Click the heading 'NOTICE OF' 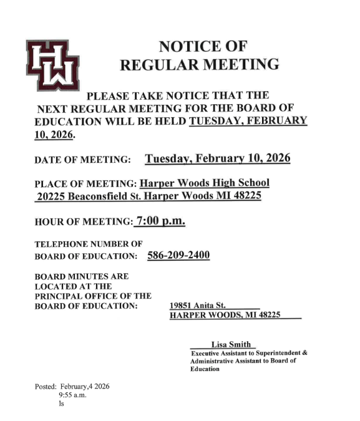pyautogui.click(x=203, y=46)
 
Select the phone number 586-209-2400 pyautogui.click(x=178, y=256)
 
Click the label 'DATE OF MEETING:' pyautogui.click(x=82, y=160)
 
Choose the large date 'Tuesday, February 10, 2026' pyautogui.click(x=218, y=158)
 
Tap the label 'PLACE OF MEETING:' pyautogui.click(x=86, y=185)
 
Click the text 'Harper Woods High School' pyautogui.click(x=205, y=183)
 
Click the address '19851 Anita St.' pyautogui.click(x=193, y=305)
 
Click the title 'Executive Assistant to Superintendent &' pyautogui.click(x=249, y=353)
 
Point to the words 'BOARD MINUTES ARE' pyautogui.click(x=81, y=276)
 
